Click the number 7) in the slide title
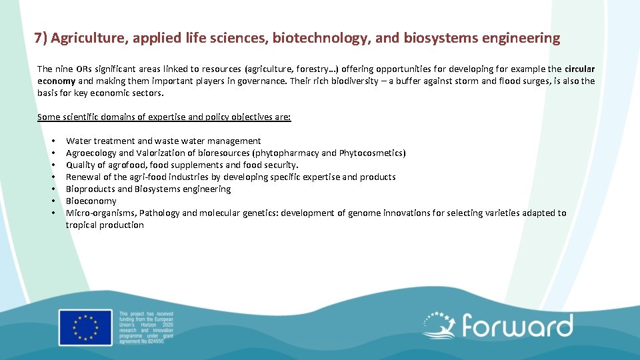click(40, 38)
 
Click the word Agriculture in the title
click(89, 38)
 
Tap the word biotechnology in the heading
click(320, 38)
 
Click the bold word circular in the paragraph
click(579, 69)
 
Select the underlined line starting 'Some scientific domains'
click(164, 117)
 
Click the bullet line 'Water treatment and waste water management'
click(163, 141)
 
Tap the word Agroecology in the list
click(91, 153)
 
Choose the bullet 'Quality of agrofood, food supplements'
click(182, 165)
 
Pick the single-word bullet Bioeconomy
click(91, 201)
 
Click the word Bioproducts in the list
click(90, 189)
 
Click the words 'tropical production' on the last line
click(105, 225)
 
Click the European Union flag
click(85, 327)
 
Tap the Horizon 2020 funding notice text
click(145, 327)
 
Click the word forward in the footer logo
click(517, 327)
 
